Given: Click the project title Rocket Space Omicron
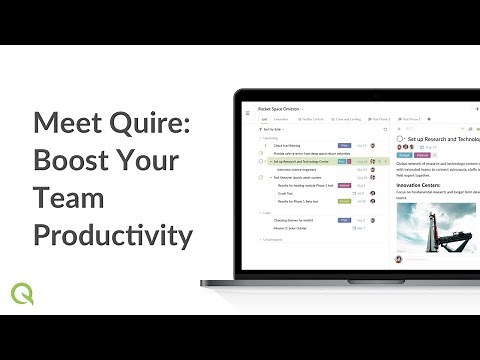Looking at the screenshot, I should click(281, 108).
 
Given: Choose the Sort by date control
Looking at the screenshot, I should click(268, 130).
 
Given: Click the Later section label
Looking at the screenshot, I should click(266, 212).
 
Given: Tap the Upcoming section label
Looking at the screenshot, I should click(271, 138).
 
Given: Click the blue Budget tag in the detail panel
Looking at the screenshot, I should click(404, 155).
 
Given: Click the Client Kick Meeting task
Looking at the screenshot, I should click(288, 145).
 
